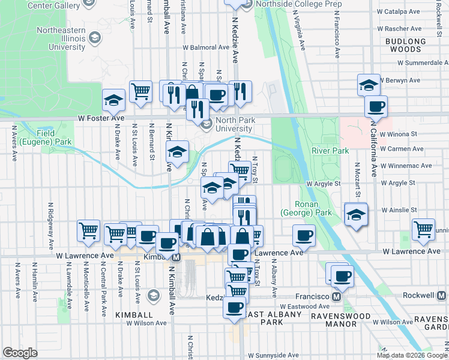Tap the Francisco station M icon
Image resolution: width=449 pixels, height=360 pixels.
point(337,296)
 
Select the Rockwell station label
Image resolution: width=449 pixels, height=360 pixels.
point(419,296)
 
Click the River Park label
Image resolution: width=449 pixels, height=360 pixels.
point(329,151)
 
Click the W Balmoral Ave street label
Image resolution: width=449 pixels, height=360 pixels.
point(208,46)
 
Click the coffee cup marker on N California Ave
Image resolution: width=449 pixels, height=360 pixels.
point(376,107)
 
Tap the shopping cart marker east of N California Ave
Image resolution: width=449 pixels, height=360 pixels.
point(424,229)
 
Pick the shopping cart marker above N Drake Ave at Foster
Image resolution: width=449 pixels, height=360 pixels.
point(140,91)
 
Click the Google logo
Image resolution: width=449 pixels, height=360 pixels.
point(20,353)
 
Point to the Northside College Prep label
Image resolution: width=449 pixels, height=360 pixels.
point(291,4)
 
